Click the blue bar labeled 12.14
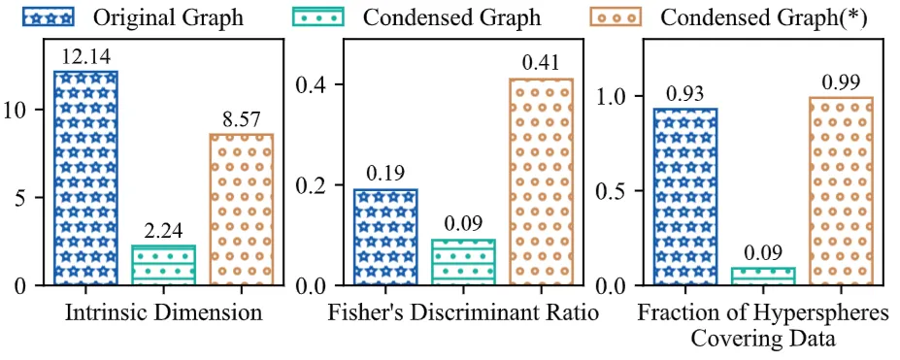tap(85, 178)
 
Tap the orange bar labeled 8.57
tap(242, 210)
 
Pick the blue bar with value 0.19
tap(385, 237)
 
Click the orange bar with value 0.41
tap(541, 181)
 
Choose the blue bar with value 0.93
tap(684, 197)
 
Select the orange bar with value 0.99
tap(841, 191)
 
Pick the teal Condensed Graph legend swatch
tap(320, 16)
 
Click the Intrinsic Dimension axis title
tap(164, 313)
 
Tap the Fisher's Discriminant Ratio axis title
tap(463, 313)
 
